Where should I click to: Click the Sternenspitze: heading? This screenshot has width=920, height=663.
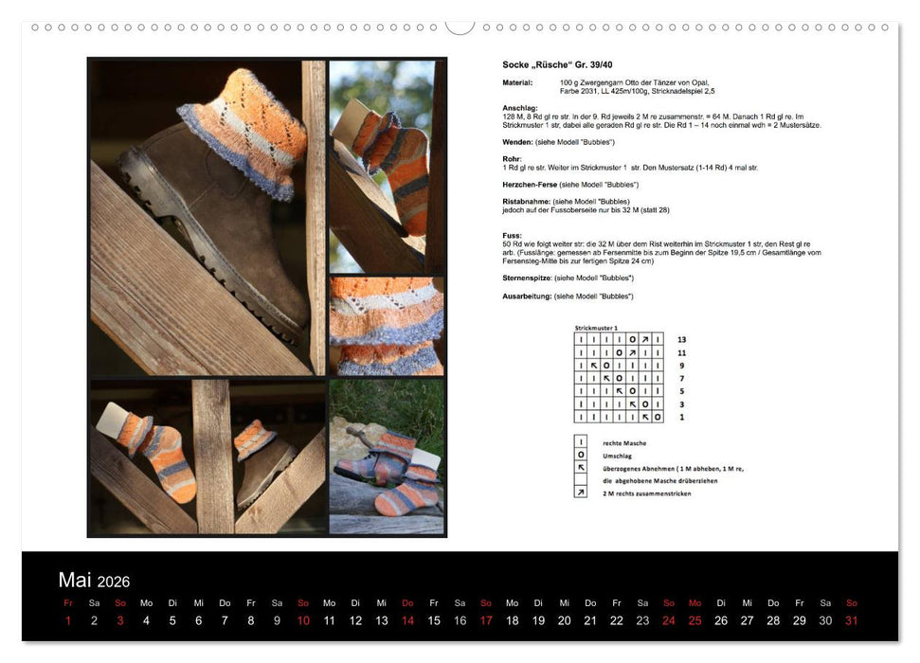[x=532, y=278]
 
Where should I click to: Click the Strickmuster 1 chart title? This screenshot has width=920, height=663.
[x=596, y=328]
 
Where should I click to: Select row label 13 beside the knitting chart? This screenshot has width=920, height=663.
[x=681, y=339]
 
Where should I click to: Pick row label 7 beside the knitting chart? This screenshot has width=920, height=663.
[x=681, y=378]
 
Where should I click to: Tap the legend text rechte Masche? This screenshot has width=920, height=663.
[x=623, y=442]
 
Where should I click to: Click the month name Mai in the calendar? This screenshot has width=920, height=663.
[x=76, y=580]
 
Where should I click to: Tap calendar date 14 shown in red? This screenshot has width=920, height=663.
[x=407, y=621]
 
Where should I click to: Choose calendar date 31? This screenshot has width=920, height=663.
[x=851, y=621]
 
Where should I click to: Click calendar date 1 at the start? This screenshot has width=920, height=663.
[x=68, y=621]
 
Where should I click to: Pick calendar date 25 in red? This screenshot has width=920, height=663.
[x=695, y=621]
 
